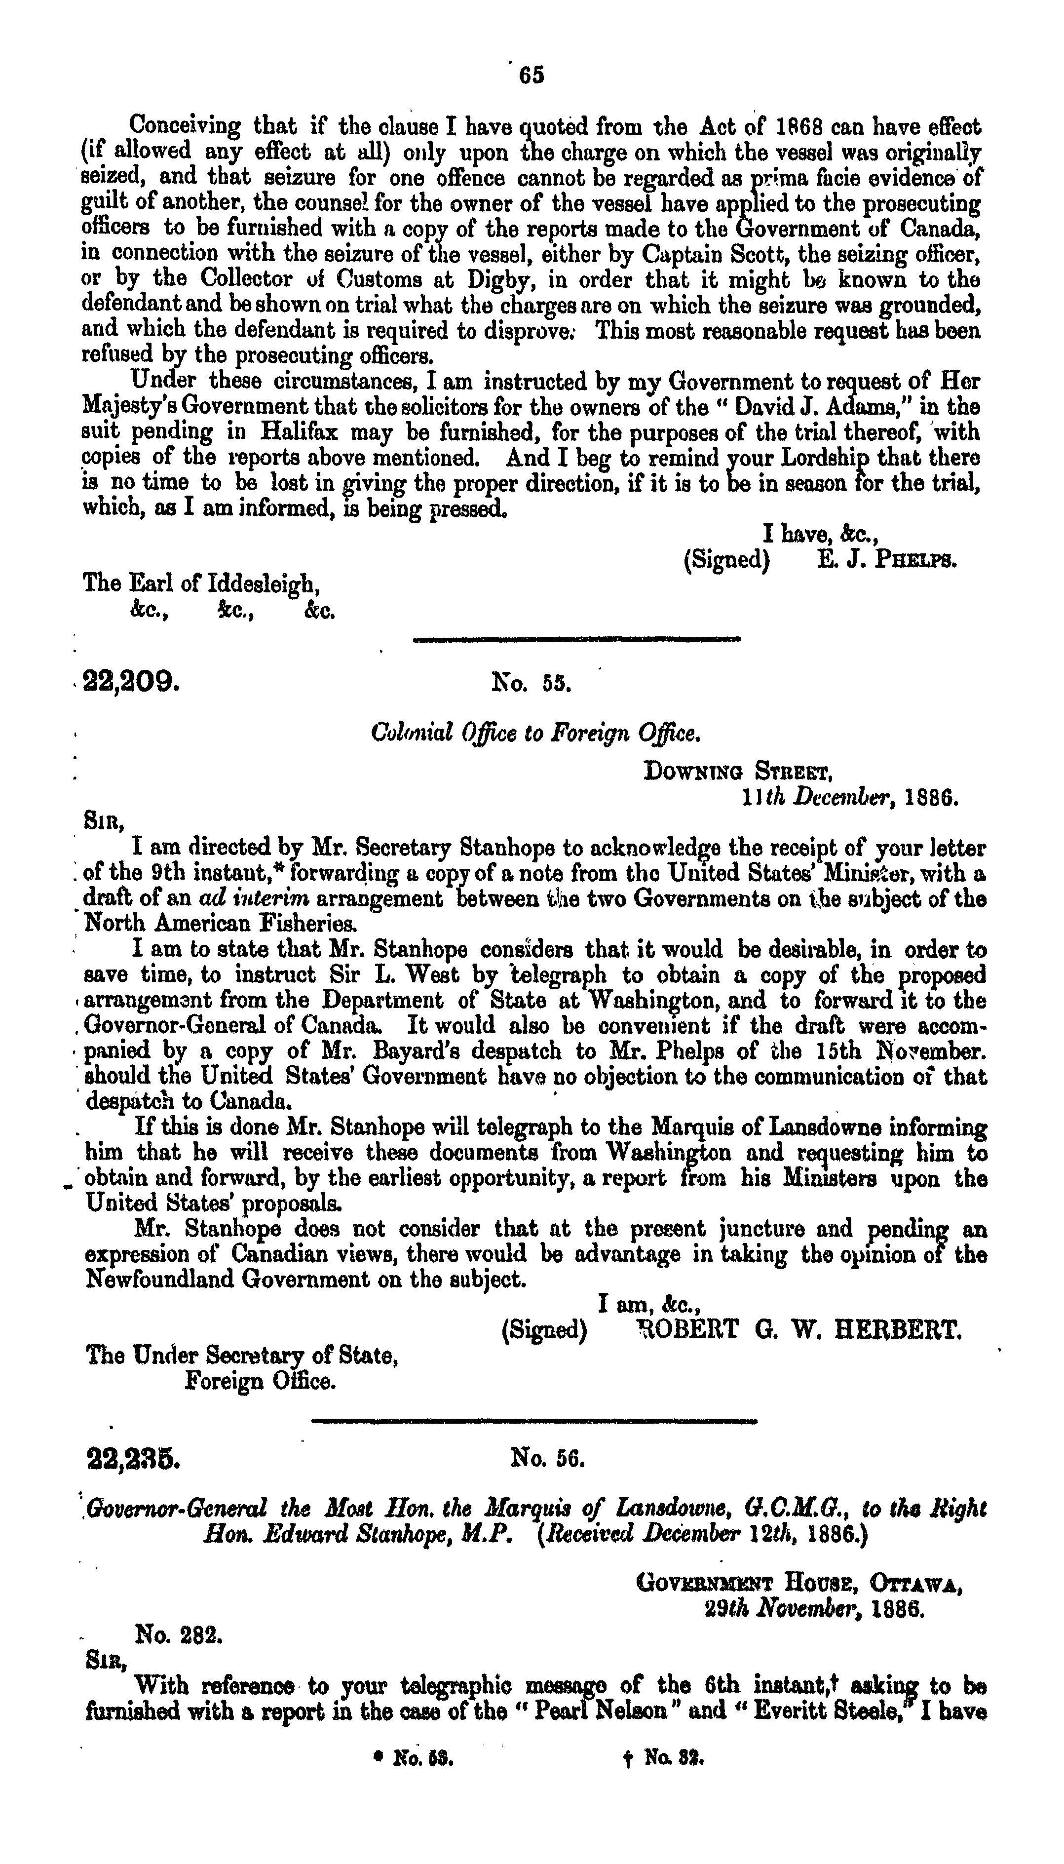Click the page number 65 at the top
(x=532, y=76)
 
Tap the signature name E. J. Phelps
(x=886, y=561)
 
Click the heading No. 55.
(x=532, y=684)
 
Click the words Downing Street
(x=736, y=772)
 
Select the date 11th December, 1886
(x=848, y=798)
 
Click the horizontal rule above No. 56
(x=534, y=1422)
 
